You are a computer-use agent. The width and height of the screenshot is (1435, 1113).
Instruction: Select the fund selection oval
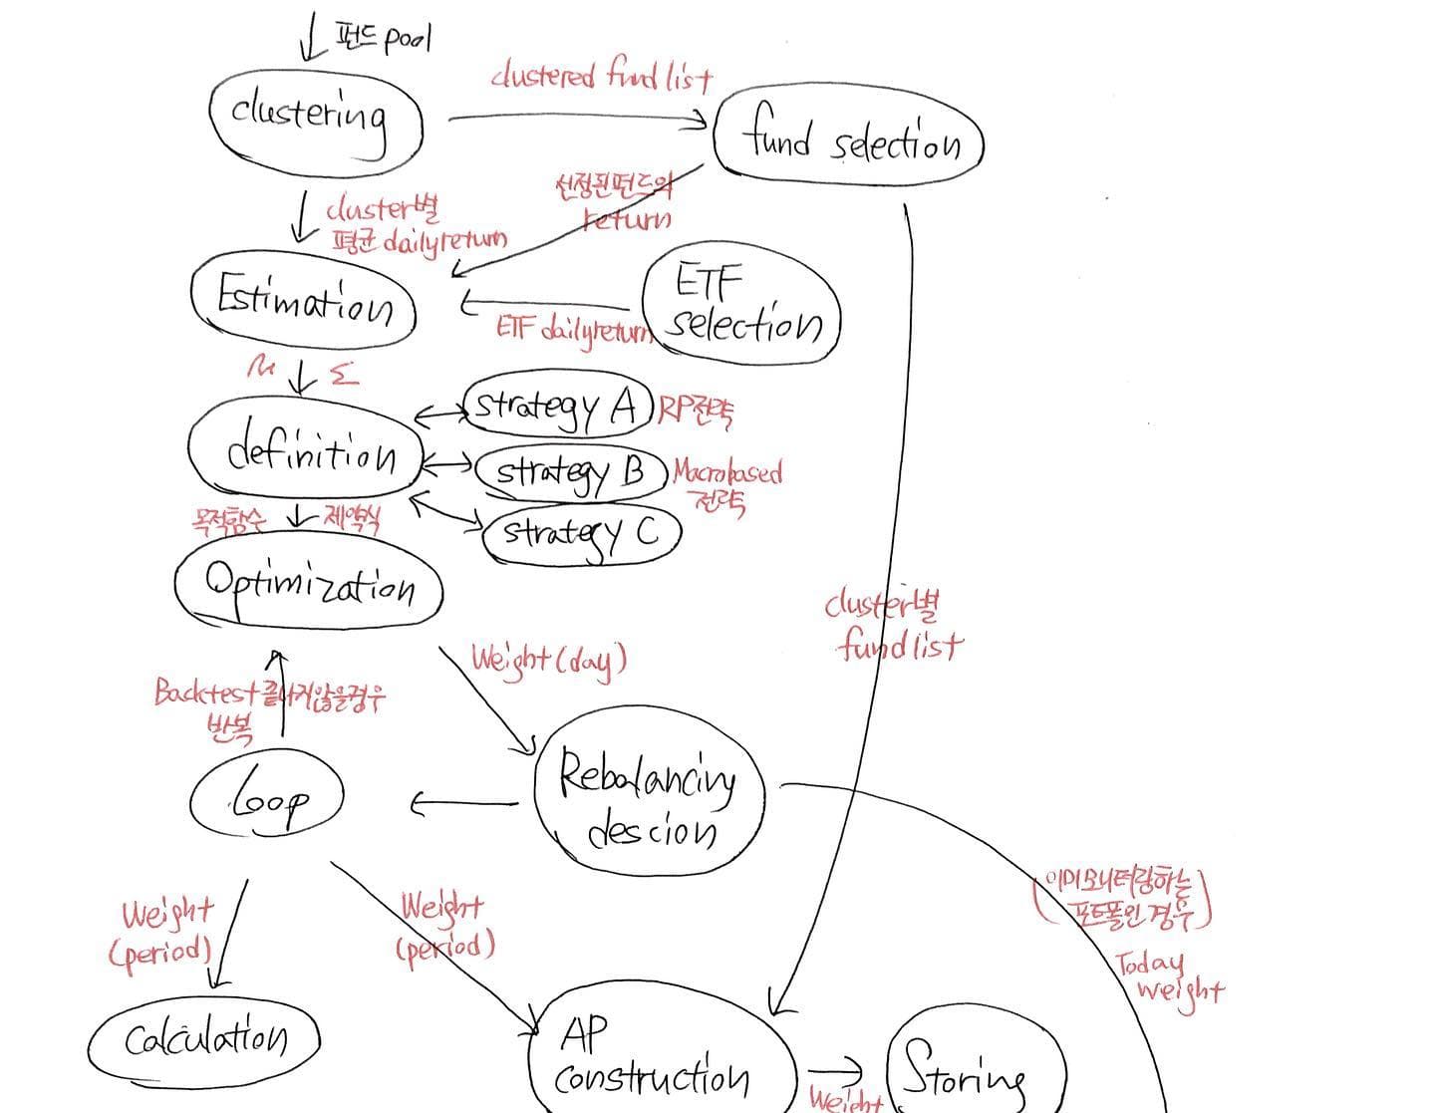(849, 142)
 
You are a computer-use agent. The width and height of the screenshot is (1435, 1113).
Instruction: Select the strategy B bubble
(571, 470)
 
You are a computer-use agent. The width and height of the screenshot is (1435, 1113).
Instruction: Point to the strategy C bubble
(581, 535)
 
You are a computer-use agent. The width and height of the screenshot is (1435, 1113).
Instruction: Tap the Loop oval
(267, 798)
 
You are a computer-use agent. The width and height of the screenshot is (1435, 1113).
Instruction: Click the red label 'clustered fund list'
(601, 78)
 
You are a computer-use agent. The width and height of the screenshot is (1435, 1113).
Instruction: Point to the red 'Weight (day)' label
(548, 659)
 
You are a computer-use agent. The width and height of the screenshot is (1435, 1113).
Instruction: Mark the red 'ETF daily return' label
(573, 329)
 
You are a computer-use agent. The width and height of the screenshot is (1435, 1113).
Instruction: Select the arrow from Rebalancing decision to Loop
(464, 803)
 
